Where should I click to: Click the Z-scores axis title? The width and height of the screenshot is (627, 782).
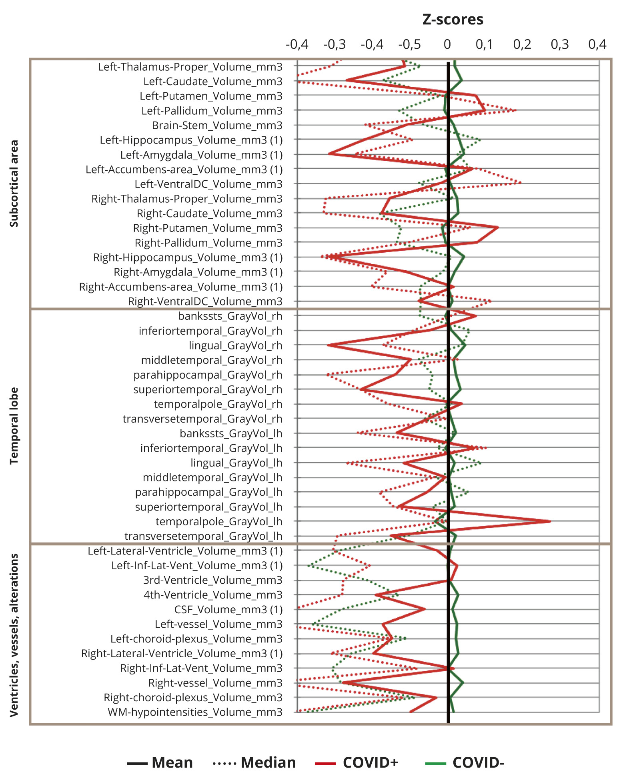(453, 20)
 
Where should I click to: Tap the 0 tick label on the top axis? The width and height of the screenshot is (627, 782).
(447, 44)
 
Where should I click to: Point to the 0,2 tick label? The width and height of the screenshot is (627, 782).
(522, 44)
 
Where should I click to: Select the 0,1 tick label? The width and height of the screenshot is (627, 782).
(485, 44)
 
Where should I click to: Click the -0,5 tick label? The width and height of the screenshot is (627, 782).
(409, 44)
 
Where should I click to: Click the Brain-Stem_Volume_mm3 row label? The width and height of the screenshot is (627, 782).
(217, 126)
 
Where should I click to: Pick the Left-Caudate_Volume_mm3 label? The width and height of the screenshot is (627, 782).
(213, 82)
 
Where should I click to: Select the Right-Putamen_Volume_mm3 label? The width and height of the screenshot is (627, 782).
(208, 228)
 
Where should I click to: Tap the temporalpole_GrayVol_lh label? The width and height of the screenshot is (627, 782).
(219, 522)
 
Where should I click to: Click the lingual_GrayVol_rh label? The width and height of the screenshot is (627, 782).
(235, 345)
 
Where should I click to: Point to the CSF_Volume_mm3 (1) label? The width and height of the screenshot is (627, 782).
(228, 610)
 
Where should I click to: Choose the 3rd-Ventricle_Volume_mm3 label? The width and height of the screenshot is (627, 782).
(212, 580)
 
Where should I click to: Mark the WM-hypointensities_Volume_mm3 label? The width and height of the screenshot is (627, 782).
(195, 712)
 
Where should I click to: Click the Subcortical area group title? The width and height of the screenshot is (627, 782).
(14, 184)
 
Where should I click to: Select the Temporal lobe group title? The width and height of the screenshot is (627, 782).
(14, 426)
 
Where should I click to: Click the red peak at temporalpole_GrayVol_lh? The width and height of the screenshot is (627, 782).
(550, 521)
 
